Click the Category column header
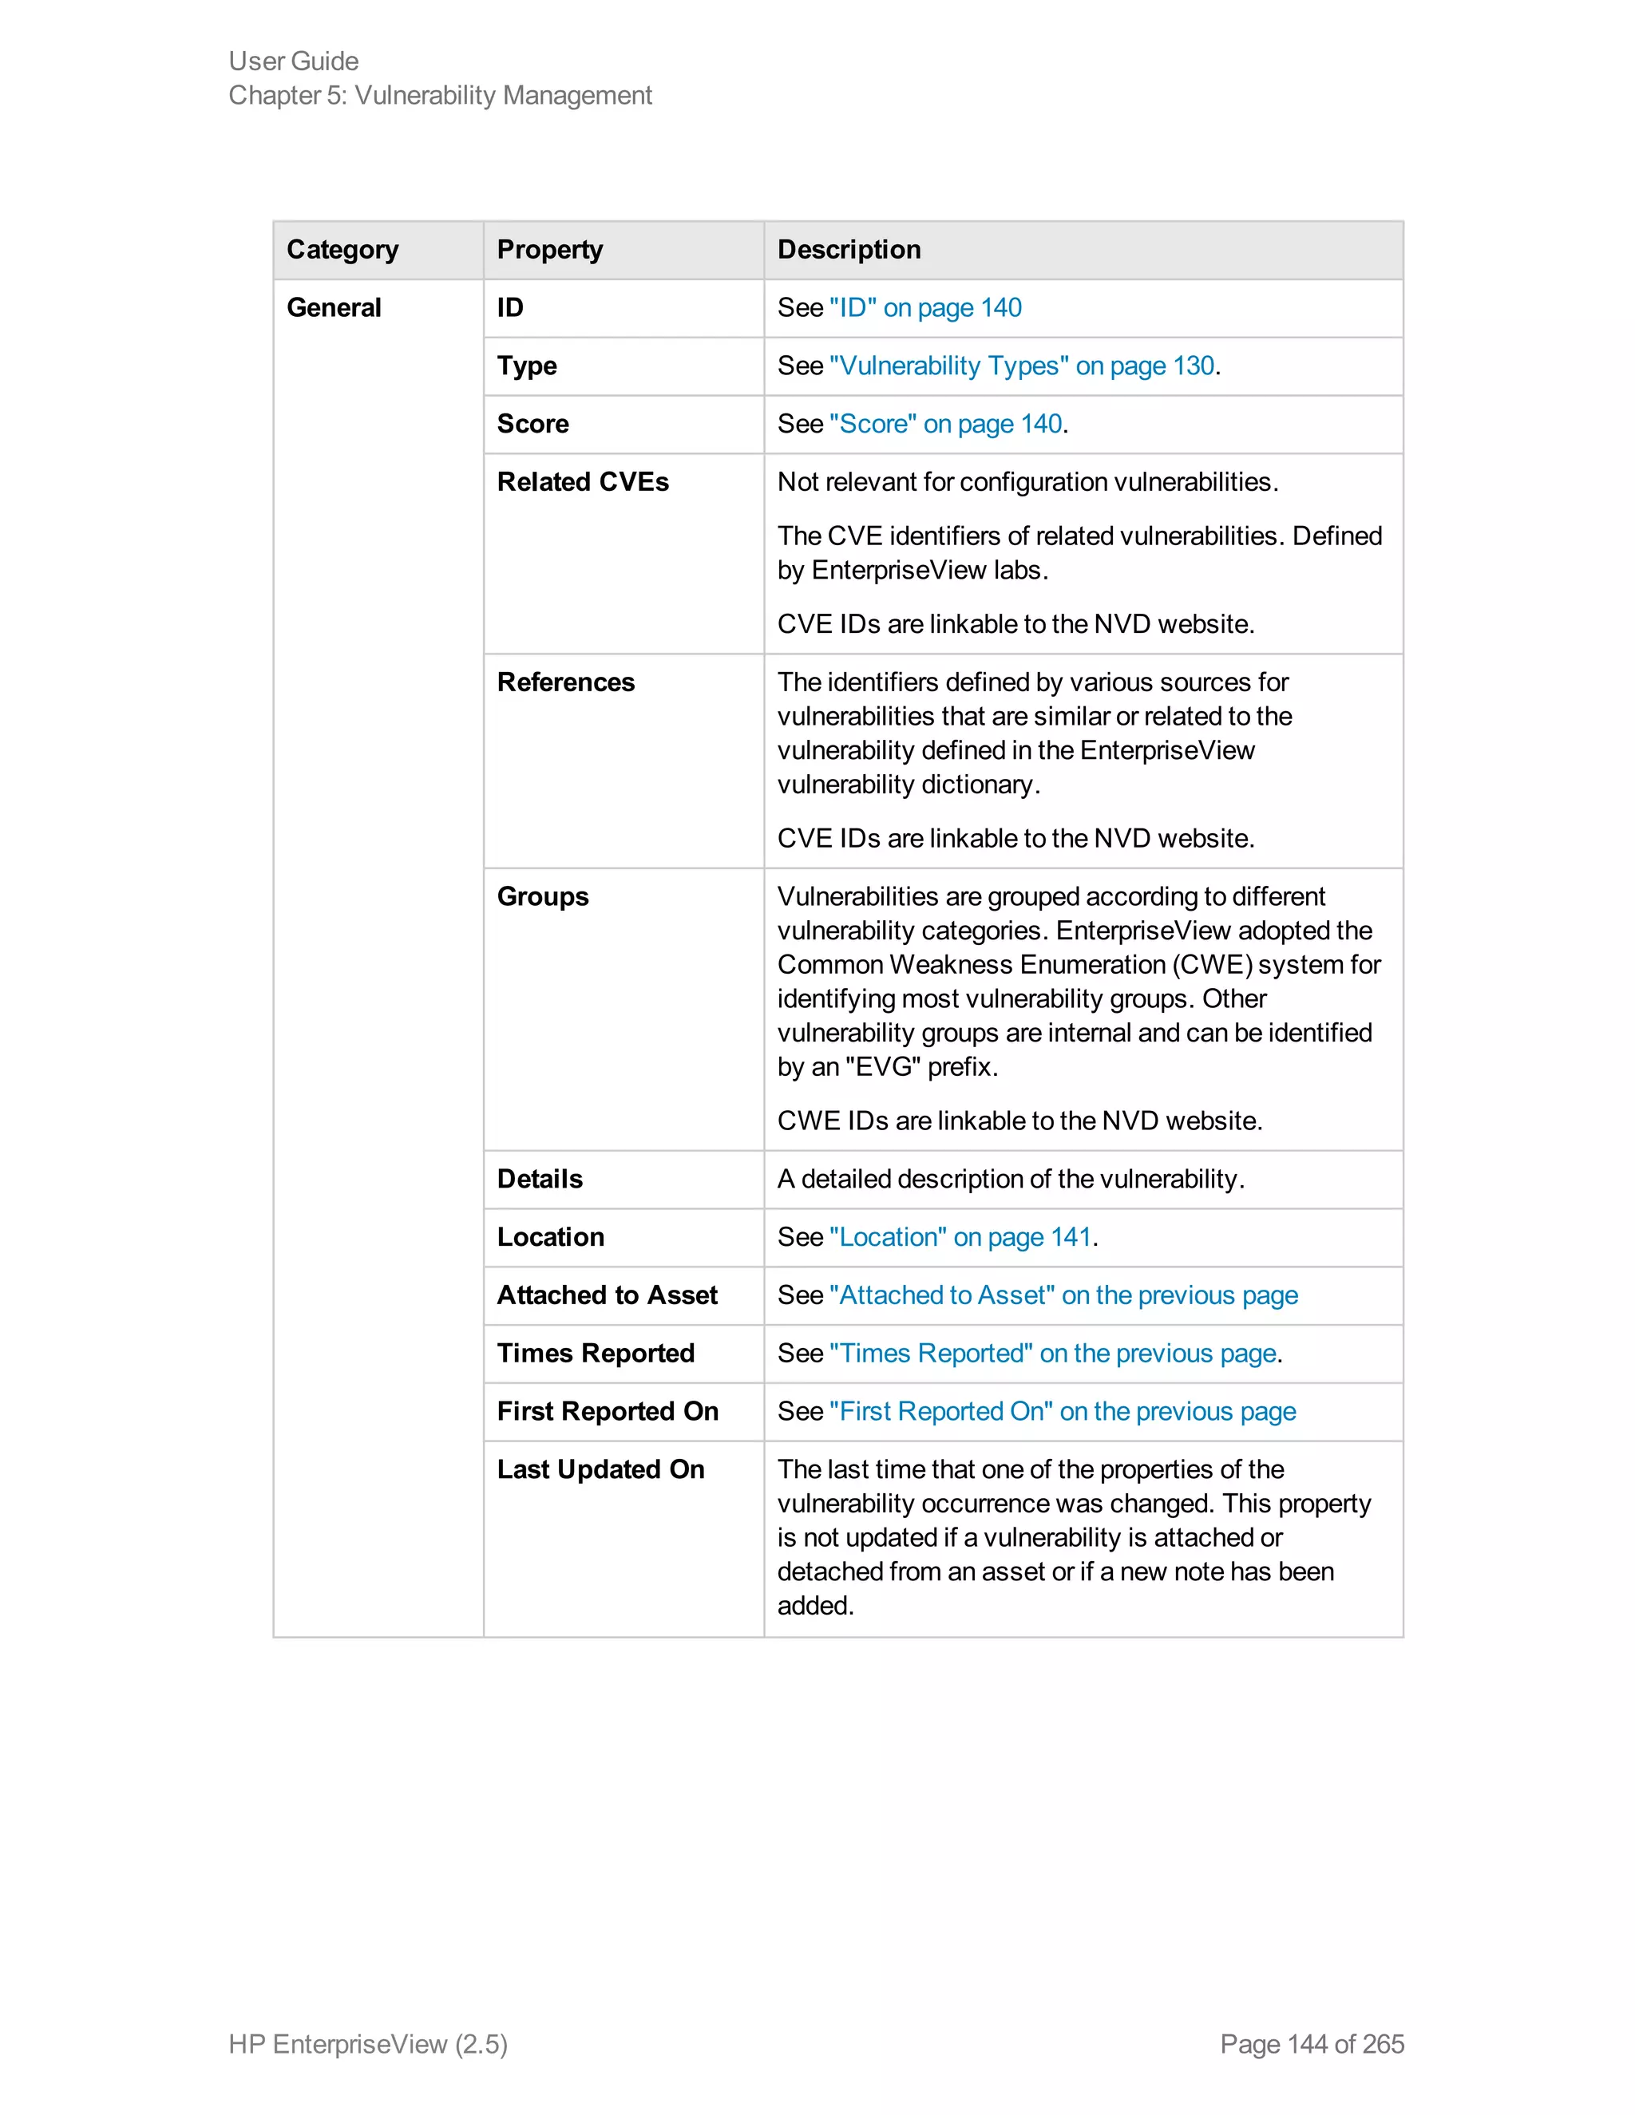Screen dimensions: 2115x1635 [x=342, y=250]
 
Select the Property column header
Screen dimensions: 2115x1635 [x=549, y=250]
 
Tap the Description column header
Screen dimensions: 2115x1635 [x=849, y=250]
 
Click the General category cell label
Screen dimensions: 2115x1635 [x=335, y=308]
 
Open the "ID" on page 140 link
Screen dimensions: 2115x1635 [x=925, y=308]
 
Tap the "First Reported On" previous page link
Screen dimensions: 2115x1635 [x=1062, y=1412]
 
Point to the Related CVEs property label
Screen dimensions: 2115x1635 [x=582, y=482]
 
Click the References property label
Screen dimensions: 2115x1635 [x=566, y=682]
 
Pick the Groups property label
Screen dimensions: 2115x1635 [x=542, y=897]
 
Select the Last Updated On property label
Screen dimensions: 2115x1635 [x=600, y=1470]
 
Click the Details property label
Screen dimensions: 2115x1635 [x=540, y=1180]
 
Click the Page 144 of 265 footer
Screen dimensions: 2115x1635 [x=1312, y=2043]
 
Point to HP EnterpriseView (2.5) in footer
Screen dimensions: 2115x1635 [x=368, y=2043]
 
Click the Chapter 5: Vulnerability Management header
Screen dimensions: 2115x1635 [x=440, y=96]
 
